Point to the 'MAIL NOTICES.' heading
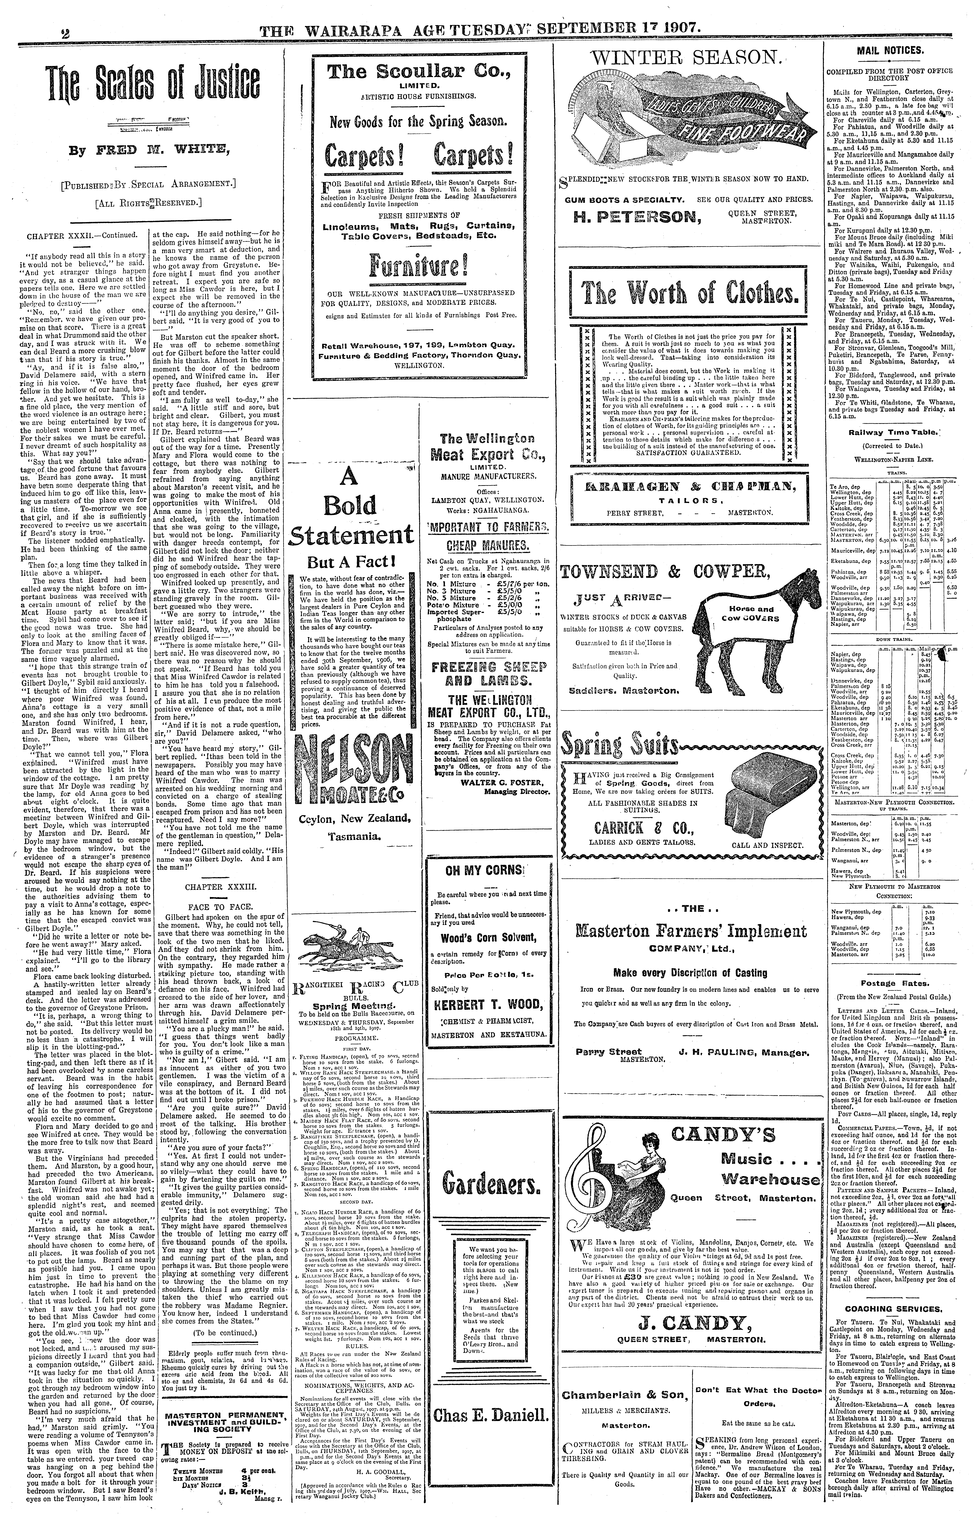898,50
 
